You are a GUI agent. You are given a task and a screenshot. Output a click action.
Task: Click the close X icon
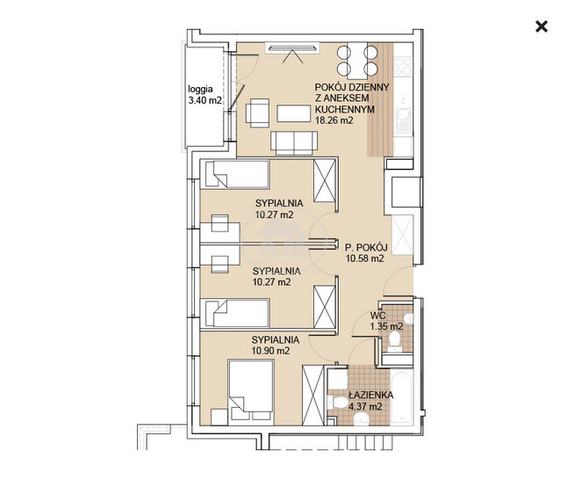pos(542,26)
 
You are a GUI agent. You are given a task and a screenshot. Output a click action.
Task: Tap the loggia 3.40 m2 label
pos(205,95)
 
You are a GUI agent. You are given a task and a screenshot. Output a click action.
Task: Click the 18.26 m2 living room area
pos(334,120)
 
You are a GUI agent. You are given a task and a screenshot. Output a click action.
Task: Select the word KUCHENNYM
pos(345,109)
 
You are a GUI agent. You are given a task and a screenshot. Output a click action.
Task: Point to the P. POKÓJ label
pos(366,247)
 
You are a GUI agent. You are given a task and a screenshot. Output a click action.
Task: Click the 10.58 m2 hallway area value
pos(364,258)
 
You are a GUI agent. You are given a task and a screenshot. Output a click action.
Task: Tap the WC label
pos(377,316)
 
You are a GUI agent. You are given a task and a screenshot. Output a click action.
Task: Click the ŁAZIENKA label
pos(370,396)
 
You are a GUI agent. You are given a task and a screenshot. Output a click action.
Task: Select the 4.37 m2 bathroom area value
pos(365,406)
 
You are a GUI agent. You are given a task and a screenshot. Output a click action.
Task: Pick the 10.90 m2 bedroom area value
pos(270,351)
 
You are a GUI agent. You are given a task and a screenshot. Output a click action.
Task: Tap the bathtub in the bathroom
pos(402,397)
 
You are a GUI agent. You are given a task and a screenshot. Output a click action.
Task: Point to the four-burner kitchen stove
pos(403,66)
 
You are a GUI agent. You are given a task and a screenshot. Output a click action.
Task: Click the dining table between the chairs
pos(357,61)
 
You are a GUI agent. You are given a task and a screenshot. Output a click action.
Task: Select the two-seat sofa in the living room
pos(294,142)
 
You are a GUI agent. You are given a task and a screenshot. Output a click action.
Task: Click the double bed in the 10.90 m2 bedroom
pos(251,392)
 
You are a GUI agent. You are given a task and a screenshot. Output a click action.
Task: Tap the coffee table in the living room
pos(294,113)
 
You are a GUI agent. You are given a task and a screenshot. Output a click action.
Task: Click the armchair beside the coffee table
pos(257,113)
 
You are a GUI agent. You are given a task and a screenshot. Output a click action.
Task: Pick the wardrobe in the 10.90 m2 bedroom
pos(313,395)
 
